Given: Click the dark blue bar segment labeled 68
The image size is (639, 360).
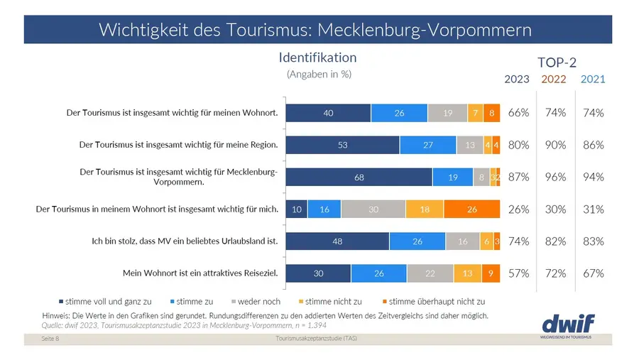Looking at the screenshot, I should click(x=359, y=178).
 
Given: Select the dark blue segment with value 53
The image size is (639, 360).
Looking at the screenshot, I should click(x=342, y=145).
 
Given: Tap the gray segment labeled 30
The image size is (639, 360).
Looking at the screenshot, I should click(x=373, y=209).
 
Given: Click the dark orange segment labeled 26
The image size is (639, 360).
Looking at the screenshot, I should click(x=472, y=209).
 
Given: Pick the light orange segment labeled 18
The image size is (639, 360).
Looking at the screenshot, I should click(x=425, y=209).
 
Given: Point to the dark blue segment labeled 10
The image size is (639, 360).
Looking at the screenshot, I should click(x=296, y=209).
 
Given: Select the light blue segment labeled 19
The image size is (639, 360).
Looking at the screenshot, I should click(x=452, y=178).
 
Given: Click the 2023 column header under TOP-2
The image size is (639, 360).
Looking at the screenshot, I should click(x=517, y=79).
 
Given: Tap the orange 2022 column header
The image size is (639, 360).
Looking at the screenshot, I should click(x=554, y=79).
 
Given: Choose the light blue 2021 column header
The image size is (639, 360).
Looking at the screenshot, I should click(x=593, y=79).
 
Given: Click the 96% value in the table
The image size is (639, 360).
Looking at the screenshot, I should click(x=555, y=178).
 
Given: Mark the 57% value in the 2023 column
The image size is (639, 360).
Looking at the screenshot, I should click(x=519, y=273).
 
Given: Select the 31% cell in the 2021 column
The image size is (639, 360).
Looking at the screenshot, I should click(x=593, y=209).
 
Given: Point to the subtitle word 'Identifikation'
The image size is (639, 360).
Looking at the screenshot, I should click(x=317, y=58).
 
